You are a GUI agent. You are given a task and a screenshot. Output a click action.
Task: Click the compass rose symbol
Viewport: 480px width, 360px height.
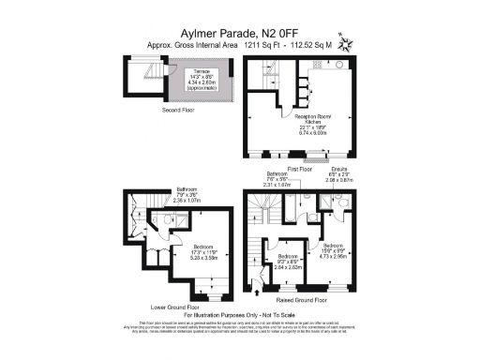(x=347, y=43)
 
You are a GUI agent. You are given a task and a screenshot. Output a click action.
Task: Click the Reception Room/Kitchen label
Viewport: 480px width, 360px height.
(x=315, y=122)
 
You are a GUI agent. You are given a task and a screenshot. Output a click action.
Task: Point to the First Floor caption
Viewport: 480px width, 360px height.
(x=300, y=169)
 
